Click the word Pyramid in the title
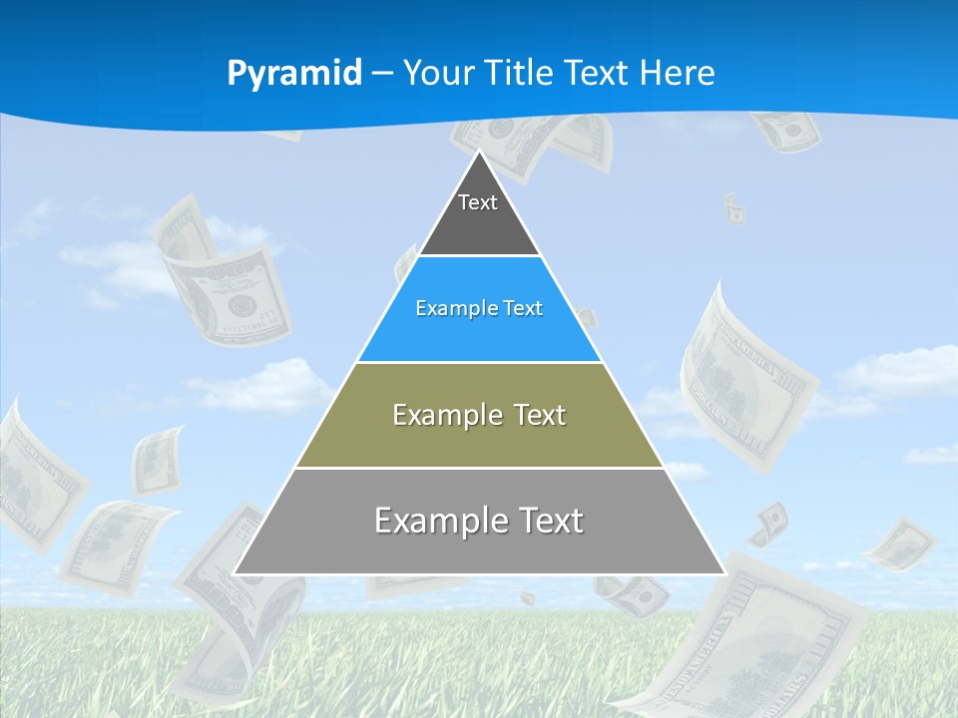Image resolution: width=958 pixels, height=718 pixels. pos(294,73)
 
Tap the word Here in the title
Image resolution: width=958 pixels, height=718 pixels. pos(678,73)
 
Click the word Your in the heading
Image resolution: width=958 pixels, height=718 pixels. pos(438,73)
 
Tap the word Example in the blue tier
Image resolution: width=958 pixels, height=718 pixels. pos(448,308)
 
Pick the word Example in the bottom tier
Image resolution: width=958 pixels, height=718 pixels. pos(435,520)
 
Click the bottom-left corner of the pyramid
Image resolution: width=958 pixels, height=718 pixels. pos(236,573)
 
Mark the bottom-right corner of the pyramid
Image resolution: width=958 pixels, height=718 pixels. pos(723,573)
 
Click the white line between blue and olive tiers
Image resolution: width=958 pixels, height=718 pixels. pos(479,362)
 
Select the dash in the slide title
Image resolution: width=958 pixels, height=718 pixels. pos(382,74)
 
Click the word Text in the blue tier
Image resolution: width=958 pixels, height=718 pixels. pos(523,308)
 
